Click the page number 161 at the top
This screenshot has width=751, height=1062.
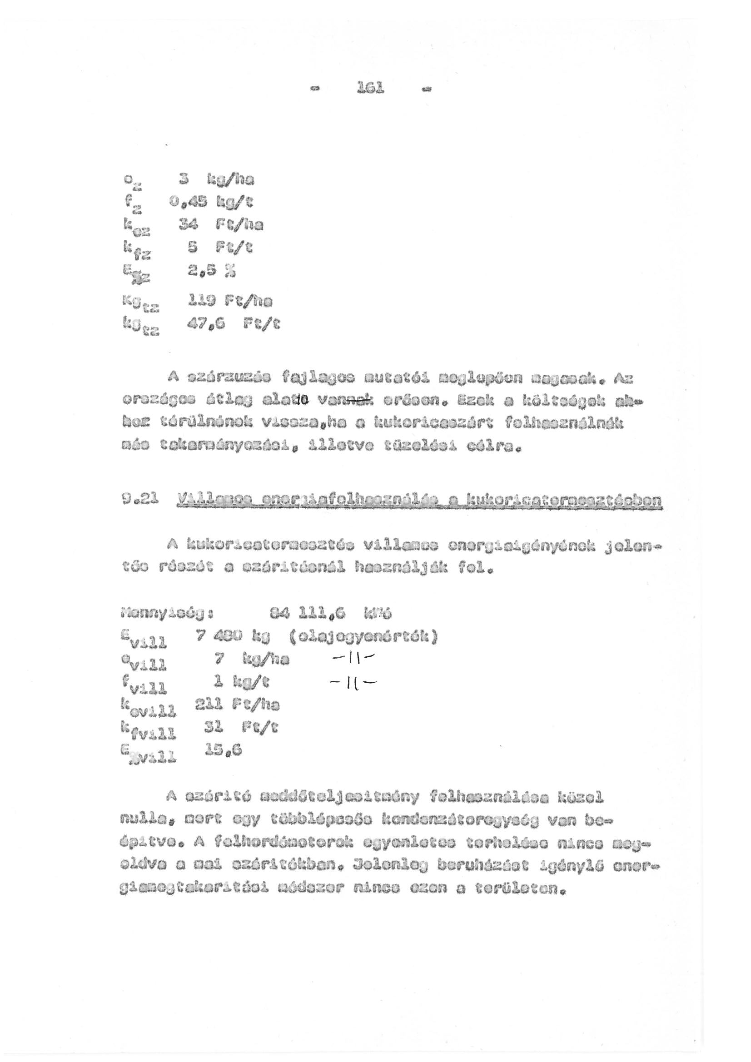tap(371, 88)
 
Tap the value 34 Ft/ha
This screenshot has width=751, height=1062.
tap(221, 225)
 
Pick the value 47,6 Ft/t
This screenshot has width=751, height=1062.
tap(233, 324)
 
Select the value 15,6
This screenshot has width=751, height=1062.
tap(223, 750)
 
